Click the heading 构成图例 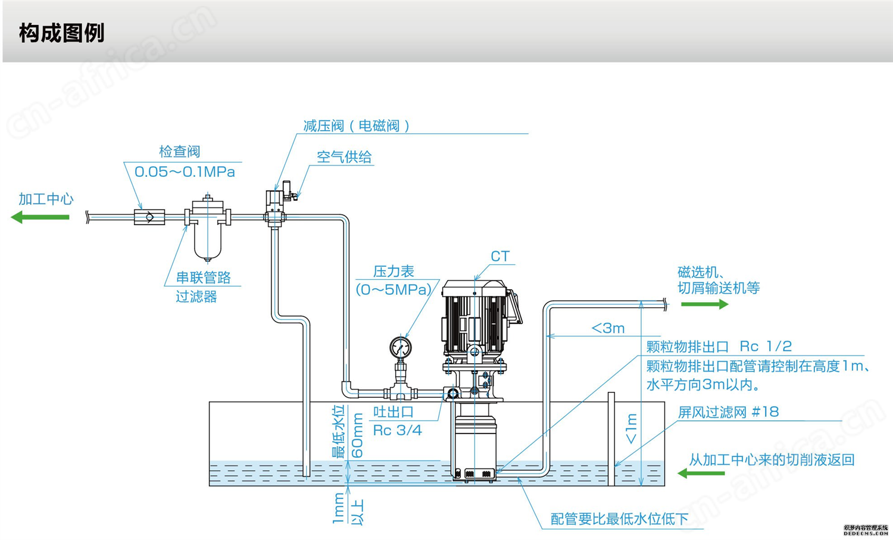pyautogui.click(x=62, y=33)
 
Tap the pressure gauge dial pyautogui.click(x=400, y=348)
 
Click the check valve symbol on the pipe pyautogui.click(x=149, y=217)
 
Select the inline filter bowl pyautogui.click(x=207, y=239)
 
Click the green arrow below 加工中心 pyautogui.click(x=40, y=217)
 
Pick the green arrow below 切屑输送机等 pyautogui.click(x=704, y=304)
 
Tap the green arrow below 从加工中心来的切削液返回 pyautogui.click(x=701, y=473)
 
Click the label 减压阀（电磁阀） pyautogui.click(x=357, y=126)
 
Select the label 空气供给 pyautogui.click(x=344, y=157)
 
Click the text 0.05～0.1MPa pyautogui.click(x=185, y=172)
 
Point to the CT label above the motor pyautogui.click(x=500, y=256)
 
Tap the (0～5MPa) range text pyautogui.click(x=394, y=289)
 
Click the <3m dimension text pyautogui.click(x=608, y=328)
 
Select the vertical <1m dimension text pyautogui.click(x=631, y=429)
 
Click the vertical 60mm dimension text pyautogui.click(x=357, y=435)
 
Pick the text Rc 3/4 pyautogui.click(x=397, y=430)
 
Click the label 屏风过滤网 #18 pyautogui.click(x=728, y=412)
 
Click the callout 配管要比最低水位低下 pyautogui.click(x=620, y=519)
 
